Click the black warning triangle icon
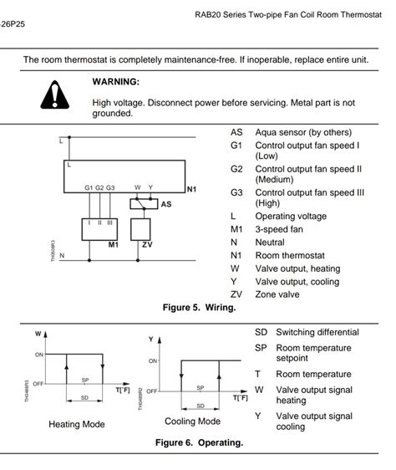pos(55,95)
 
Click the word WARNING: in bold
pos(116,81)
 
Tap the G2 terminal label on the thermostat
pos(99,187)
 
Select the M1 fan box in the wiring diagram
pos(99,229)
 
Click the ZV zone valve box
pos(140,229)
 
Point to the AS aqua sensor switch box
pos(144,204)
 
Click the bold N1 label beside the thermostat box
pos(191,189)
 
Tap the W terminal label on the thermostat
pos(137,187)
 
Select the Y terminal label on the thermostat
pos(150,187)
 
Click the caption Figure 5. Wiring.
pos(199,308)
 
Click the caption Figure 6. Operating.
pos(199,442)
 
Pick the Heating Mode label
pos(77,424)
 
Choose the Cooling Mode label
pos(193,421)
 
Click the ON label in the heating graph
pos(39,355)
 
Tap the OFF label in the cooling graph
pos(152,391)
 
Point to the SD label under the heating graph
pos(84,398)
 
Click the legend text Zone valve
pos(277,294)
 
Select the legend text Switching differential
pos(317,332)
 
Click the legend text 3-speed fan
pos(279,229)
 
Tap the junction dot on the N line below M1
pos(89,260)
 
